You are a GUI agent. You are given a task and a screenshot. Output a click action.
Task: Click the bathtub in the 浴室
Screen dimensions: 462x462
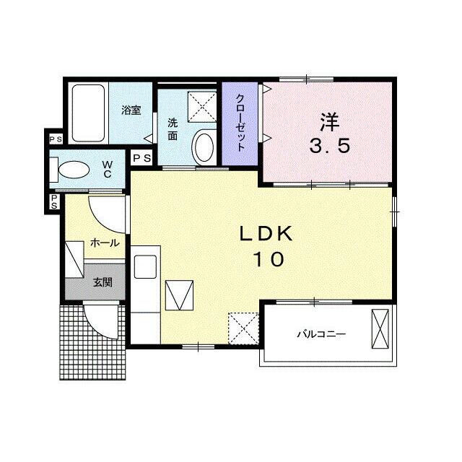coord(88,113)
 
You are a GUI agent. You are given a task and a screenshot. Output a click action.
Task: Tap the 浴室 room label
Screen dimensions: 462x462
coord(131,110)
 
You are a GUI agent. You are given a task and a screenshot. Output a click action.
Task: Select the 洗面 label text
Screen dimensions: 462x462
coord(173,129)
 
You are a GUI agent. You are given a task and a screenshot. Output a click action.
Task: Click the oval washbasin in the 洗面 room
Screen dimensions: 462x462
coord(204,147)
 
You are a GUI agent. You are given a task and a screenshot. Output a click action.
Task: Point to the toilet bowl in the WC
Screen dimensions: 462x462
coord(74,170)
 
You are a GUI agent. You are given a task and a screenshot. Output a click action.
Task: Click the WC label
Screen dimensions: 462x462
coord(108,169)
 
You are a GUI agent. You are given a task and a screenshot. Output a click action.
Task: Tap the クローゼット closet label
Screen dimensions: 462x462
coord(240,123)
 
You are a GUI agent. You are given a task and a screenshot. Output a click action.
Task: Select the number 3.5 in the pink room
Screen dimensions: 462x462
coord(330,146)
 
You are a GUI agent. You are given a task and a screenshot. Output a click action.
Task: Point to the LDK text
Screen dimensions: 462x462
coord(266,234)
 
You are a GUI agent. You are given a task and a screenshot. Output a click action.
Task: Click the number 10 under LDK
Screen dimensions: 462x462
coord(269,259)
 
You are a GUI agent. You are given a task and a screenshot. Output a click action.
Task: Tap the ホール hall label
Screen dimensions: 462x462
coord(105,243)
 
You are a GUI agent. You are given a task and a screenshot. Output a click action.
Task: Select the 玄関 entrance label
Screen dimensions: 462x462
coord(103,282)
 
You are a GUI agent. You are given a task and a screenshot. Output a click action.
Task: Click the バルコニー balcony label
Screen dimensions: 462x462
coord(321,334)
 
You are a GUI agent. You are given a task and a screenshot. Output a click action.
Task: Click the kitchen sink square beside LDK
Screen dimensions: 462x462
coord(145,267)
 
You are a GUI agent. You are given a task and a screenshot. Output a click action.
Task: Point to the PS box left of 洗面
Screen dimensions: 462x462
coord(141,158)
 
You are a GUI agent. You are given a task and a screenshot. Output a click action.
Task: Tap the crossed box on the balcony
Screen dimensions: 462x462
coord(380,328)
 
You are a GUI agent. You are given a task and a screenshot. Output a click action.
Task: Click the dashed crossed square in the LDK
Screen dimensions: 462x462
coord(243,328)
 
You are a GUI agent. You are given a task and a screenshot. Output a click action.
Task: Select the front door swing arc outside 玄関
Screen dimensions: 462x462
coord(100,324)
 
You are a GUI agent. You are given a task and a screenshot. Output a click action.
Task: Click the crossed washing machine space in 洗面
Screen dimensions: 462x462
coord(202,107)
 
